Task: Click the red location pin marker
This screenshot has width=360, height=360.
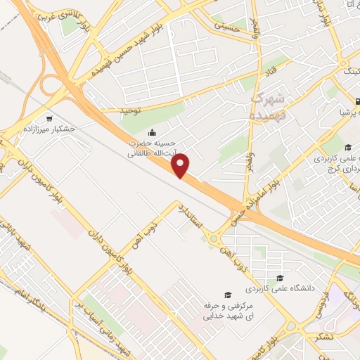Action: [181, 165]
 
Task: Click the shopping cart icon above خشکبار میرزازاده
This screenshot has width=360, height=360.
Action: [49, 118]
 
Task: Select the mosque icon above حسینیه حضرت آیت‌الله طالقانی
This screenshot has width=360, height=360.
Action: [152, 132]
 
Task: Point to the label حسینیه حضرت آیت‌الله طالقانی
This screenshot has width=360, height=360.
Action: [152, 146]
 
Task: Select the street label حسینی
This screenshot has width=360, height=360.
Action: [235, 26]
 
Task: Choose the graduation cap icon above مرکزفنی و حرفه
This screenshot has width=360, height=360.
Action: [227, 295]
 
